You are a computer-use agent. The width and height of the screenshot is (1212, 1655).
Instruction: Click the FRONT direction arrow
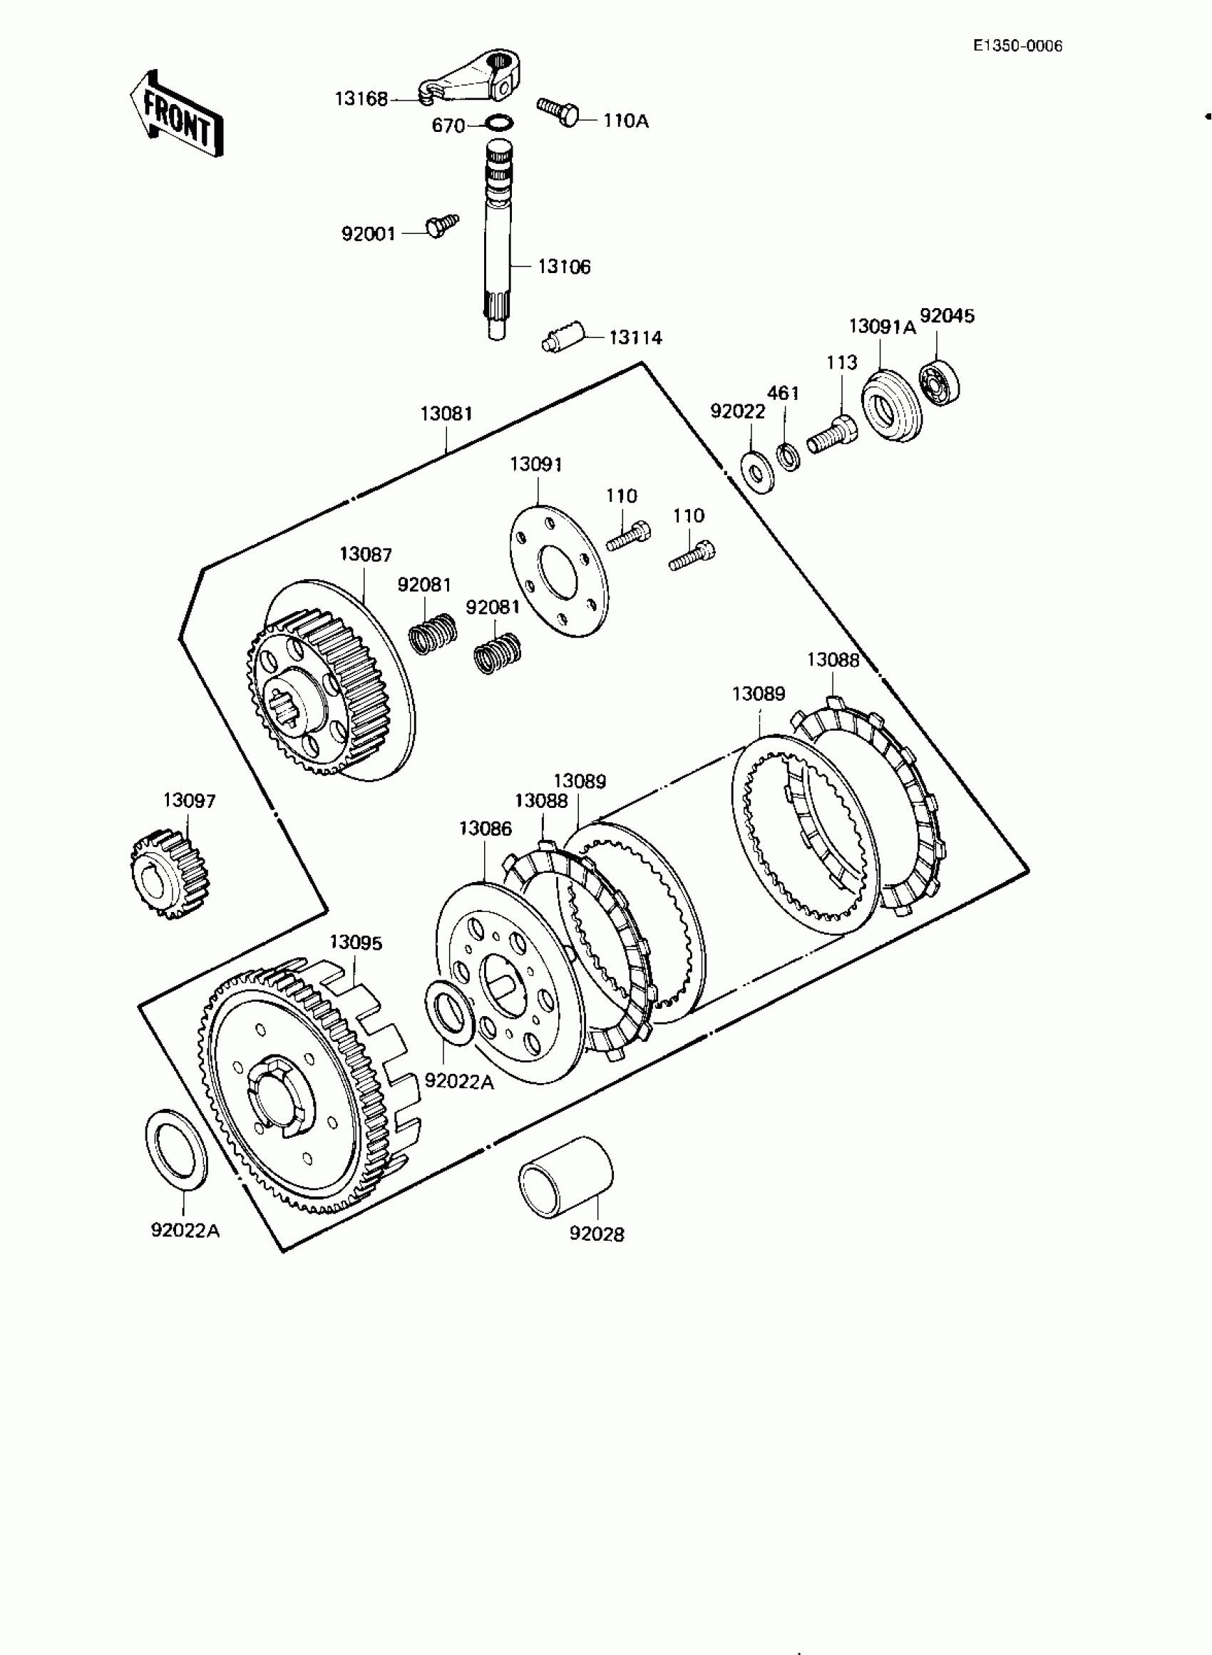[x=176, y=114]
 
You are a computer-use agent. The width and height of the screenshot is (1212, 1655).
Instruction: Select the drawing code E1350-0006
[x=1017, y=46]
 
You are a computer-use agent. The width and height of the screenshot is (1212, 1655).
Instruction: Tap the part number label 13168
[x=361, y=98]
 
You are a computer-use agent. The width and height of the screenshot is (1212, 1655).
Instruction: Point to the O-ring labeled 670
[x=500, y=123]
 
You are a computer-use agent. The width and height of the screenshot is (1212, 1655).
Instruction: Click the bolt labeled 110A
[x=558, y=111]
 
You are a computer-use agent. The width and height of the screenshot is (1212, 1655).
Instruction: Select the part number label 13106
[x=563, y=266]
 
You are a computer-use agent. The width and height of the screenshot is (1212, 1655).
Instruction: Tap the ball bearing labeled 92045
[x=940, y=384]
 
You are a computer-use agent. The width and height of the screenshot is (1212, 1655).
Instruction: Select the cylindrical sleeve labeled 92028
[x=565, y=1177]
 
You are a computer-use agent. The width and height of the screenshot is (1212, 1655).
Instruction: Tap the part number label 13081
[x=446, y=414]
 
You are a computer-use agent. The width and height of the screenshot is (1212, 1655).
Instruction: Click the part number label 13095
[x=356, y=942]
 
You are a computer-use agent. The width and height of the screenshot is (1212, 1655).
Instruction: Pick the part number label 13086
[x=485, y=829]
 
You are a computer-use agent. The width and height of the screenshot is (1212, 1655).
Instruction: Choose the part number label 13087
[x=365, y=555]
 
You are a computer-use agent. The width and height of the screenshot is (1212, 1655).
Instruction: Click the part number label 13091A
[x=883, y=327]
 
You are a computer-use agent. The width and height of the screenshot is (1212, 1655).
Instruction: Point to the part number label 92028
[x=597, y=1234]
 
